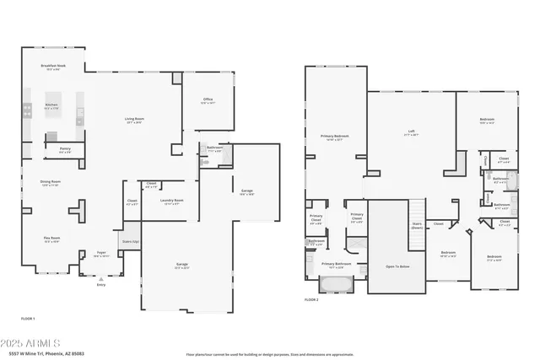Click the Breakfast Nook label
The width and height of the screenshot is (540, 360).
[52, 67]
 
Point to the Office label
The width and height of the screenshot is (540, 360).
[208, 100]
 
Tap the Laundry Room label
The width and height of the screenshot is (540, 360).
[172, 201]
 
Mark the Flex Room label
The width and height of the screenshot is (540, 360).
[52, 239]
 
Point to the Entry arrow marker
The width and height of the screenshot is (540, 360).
[100, 279]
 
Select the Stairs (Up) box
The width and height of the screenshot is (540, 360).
[130, 241]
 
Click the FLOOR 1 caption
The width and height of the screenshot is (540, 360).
[28, 318]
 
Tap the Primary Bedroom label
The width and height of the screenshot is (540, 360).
[335, 137]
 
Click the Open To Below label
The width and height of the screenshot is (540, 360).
[397, 266]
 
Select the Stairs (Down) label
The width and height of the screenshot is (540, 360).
[417, 226]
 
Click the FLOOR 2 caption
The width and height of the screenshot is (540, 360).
[312, 299]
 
